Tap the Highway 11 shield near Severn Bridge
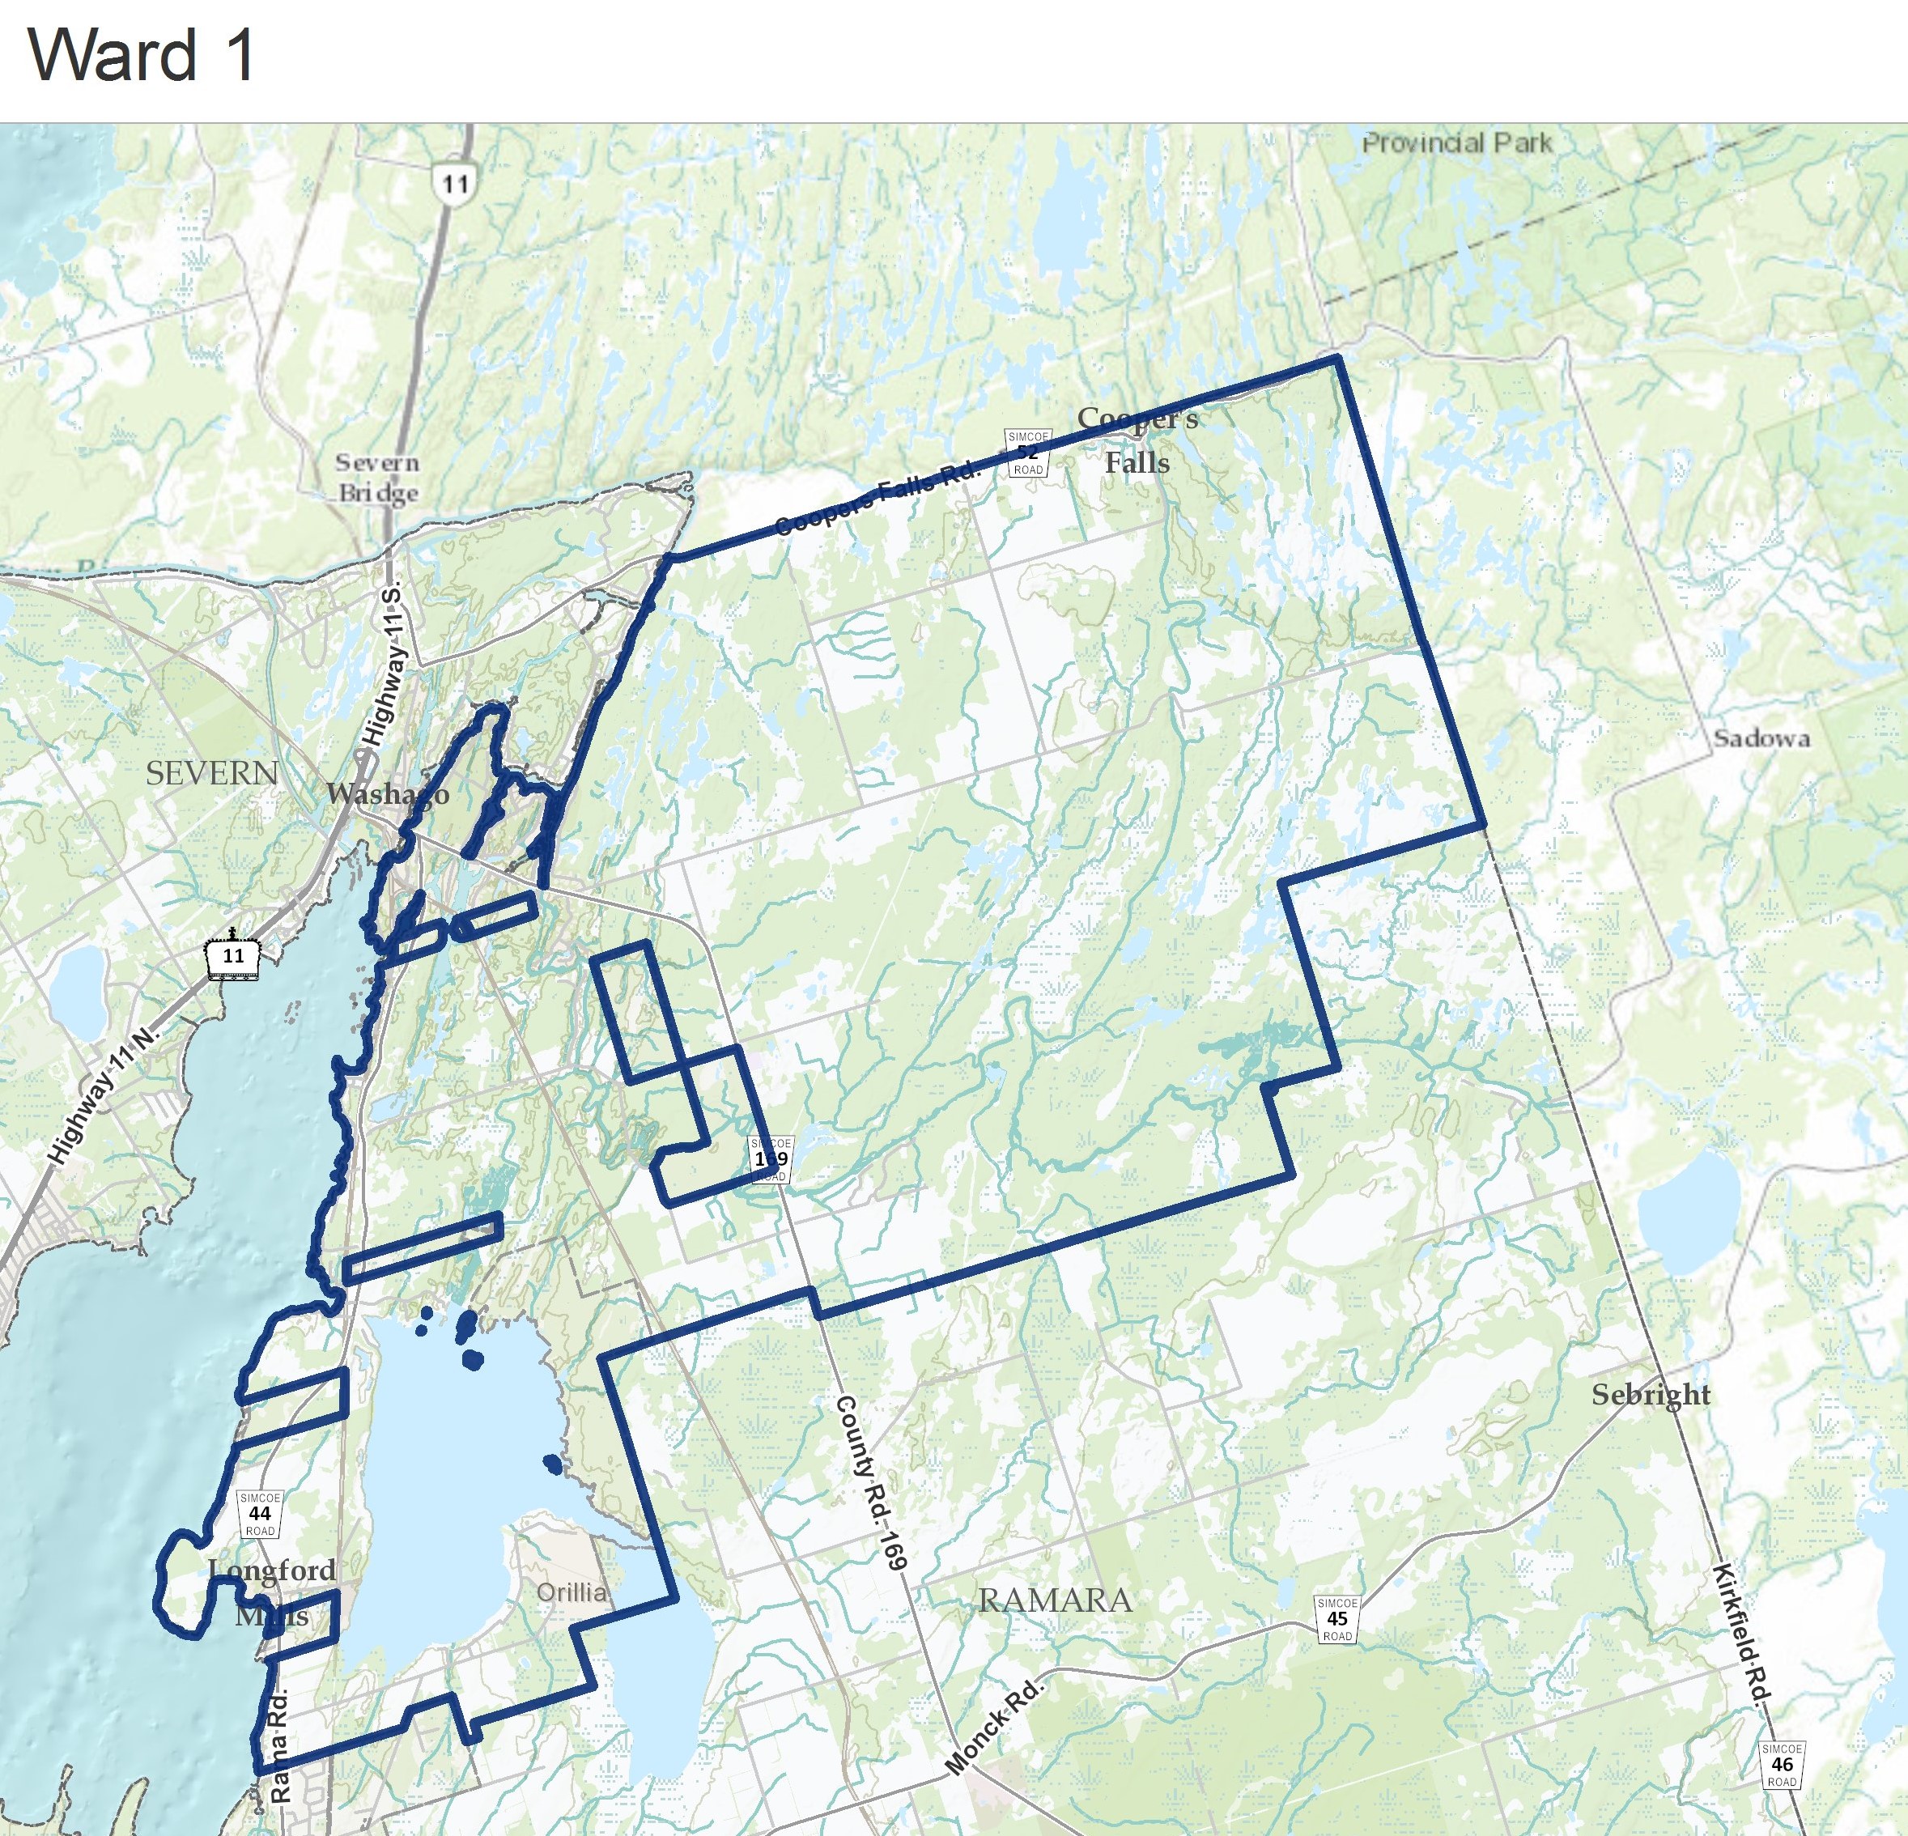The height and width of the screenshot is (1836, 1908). pos(455,181)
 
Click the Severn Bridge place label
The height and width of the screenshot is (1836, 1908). pos(378,477)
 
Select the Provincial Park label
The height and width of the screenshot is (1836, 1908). pos(1456,143)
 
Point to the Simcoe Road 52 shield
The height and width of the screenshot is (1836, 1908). pos(1027,453)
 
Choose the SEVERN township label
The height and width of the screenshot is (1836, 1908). pos(212,773)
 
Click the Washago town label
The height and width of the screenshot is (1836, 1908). pos(388,793)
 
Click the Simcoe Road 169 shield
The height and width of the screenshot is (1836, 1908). pos(770,1158)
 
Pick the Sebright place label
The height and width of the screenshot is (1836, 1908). pos(1651,1394)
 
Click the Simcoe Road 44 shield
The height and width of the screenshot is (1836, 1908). pos(260,1514)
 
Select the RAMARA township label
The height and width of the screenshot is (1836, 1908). pos(1056,1600)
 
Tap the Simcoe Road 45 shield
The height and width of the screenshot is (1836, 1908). pos(1336,1619)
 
